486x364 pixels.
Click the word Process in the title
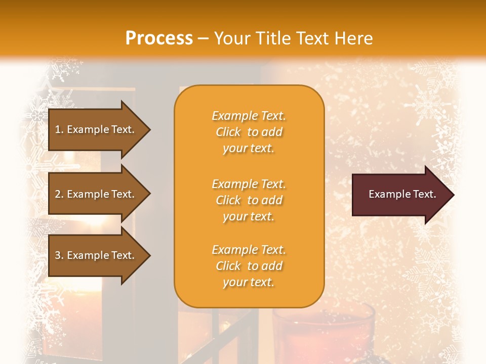point(159,38)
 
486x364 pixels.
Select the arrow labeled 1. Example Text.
point(96,129)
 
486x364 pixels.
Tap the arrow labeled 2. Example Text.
point(96,194)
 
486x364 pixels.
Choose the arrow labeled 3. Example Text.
point(96,255)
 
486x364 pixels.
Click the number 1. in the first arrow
point(59,129)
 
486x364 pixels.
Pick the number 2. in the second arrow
point(59,194)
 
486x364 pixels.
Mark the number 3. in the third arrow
point(59,255)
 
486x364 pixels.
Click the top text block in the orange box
point(249,132)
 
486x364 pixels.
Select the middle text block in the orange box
point(249,200)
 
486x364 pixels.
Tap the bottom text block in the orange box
point(249,266)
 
